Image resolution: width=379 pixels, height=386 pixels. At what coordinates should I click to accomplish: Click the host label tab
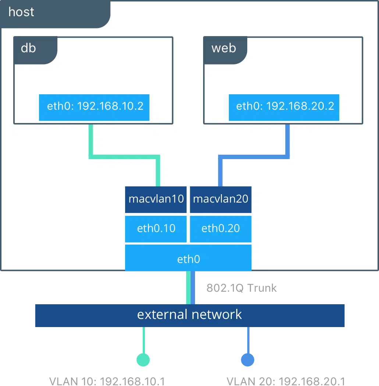tap(21, 12)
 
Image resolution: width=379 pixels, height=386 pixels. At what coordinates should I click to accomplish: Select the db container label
tap(29, 48)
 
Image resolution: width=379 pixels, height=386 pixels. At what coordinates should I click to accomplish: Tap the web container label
tap(224, 48)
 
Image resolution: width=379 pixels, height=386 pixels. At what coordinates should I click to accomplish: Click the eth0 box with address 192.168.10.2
tap(94, 107)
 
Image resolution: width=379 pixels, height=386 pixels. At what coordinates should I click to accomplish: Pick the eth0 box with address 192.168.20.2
tap(284, 107)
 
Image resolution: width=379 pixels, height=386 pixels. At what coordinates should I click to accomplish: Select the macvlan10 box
tap(156, 199)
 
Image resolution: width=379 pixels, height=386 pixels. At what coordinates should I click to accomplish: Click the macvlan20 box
tap(220, 199)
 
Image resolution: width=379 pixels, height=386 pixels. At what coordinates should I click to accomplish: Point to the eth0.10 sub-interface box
tap(156, 229)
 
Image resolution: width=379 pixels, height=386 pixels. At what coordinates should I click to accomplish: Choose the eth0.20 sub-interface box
tap(220, 229)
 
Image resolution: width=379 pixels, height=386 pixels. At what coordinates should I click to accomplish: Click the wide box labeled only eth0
tap(188, 259)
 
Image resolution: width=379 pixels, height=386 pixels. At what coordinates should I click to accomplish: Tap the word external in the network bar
tap(162, 315)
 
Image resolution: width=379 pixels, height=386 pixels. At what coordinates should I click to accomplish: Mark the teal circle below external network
tap(143, 359)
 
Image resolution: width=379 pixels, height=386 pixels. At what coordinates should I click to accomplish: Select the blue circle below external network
tap(247, 359)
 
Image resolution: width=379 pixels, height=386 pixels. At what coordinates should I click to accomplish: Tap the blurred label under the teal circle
tap(109, 381)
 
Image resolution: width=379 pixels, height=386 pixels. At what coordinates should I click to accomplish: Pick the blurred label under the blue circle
tap(285, 381)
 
